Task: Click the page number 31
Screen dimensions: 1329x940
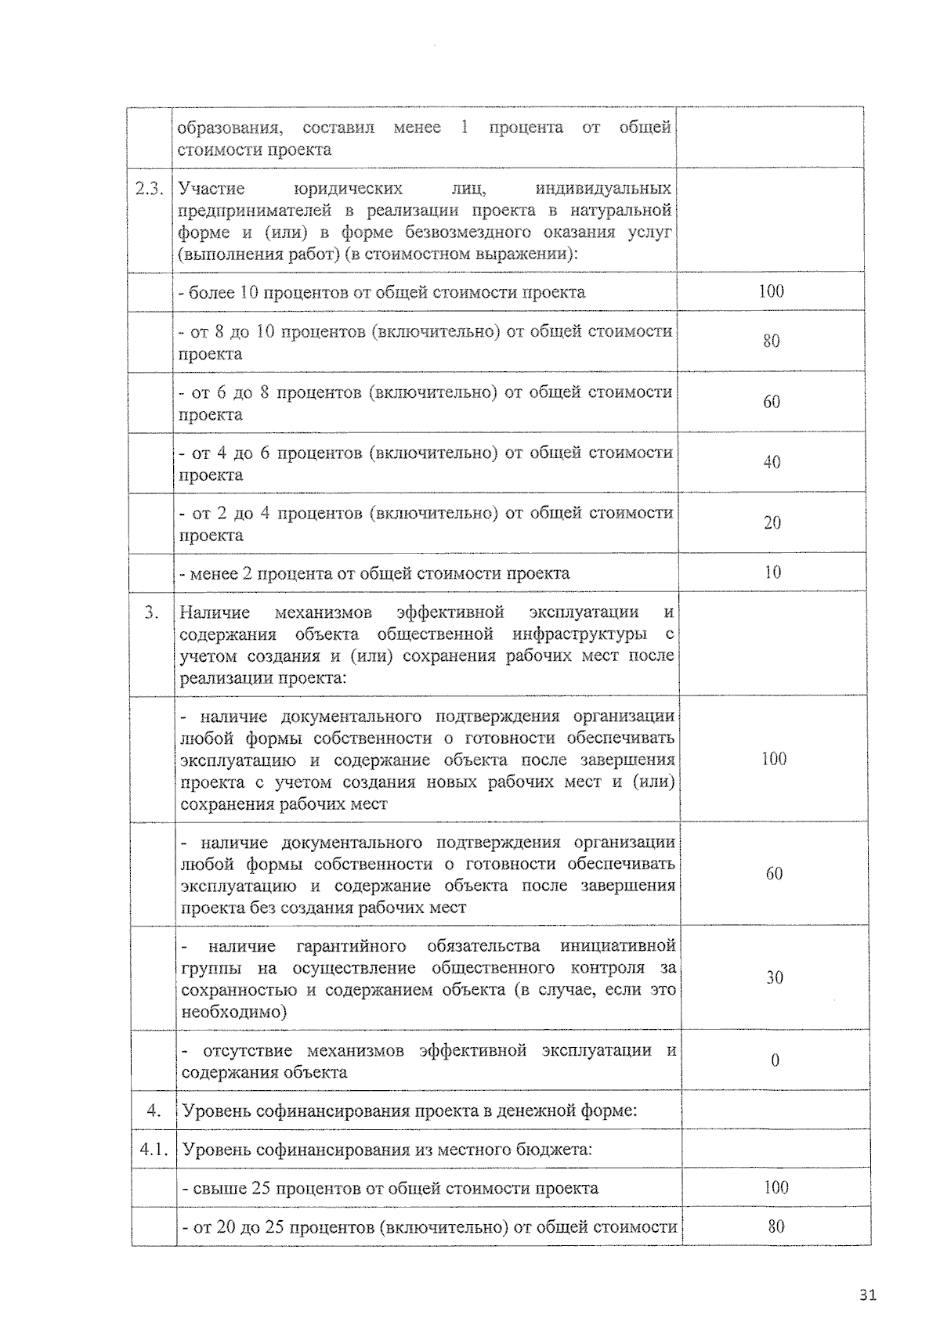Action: (867, 1295)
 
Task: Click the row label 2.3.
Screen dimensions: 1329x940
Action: (150, 189)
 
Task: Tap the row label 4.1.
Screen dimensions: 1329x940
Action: (154, 1150)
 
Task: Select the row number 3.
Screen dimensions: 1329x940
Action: (152, 612)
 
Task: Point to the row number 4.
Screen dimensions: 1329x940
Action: (154, 1111)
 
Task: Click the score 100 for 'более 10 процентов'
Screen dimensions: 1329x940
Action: (771, 291)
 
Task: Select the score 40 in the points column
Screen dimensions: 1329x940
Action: (772, 462)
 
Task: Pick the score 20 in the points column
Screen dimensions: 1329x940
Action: (772, 523)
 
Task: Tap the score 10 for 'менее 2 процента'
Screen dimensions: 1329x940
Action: (772, 572)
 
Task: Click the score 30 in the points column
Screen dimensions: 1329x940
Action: (774, 977)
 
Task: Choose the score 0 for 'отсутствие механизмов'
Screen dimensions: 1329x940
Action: (775, 1060)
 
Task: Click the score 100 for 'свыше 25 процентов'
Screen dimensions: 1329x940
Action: (775, 1187)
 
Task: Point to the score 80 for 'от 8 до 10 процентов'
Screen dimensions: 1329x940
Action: (771, 341)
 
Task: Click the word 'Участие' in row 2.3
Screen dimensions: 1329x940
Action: (211, 189)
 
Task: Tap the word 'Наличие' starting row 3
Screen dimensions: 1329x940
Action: (215, 612)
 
